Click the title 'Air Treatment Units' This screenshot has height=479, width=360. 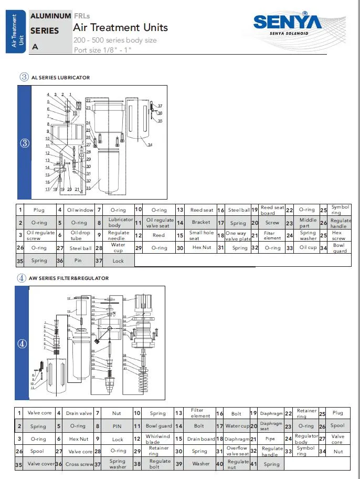tap(121, 27)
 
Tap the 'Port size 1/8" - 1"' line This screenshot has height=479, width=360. tap(102, 50)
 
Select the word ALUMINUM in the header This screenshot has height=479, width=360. tap(50, 16)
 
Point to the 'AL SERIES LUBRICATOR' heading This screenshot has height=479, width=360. tap(60, 77)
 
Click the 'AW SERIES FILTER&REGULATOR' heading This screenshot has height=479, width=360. tap(69, 278)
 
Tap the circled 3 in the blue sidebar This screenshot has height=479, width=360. tap(24, 144)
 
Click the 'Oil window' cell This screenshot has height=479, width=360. tap(80, 210)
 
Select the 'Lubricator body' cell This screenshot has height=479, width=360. tap(121, 222)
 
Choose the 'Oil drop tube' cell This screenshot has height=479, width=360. tap(80, 235)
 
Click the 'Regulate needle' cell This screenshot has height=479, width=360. tap(119, 235)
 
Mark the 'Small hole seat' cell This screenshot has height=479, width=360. tap(202, 235)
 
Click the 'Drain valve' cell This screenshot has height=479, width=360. tap(79, 413)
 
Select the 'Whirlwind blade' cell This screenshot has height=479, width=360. tap(158, 439)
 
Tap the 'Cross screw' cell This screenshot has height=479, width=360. tap(79, 464)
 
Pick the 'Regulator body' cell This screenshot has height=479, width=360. tap(306, 439)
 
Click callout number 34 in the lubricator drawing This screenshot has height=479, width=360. tap(150, 144)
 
